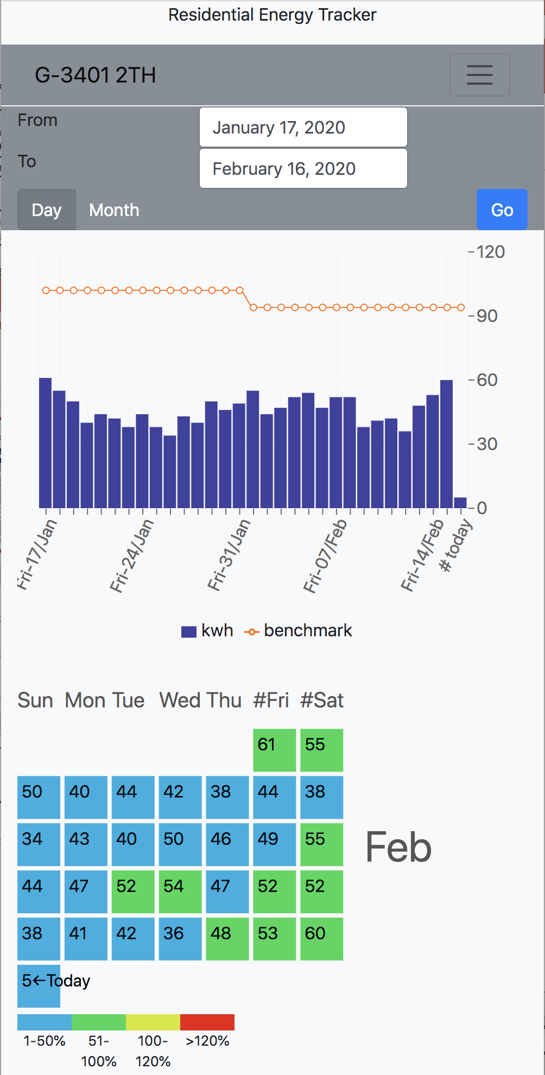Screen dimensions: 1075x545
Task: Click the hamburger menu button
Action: point(479,75)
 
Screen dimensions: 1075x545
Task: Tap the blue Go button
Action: point(502,210)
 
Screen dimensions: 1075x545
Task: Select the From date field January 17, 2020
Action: point(303,127)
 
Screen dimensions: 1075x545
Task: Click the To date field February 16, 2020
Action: point(303,168)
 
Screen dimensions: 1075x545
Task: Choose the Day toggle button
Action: point(47,210)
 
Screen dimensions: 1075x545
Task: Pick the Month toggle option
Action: point(114,210)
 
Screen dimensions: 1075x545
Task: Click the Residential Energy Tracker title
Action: point(272,15)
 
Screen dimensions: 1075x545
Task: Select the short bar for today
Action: point(460,503)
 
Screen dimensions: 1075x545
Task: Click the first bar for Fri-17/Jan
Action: point(46,442)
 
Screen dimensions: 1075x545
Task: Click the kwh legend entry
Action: point(207,631)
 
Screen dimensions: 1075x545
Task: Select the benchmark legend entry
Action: point(299,631)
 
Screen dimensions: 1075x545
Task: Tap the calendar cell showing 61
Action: point(274,750)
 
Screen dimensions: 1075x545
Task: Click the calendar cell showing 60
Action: point(321,939)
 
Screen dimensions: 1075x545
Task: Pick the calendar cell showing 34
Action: point(39,844)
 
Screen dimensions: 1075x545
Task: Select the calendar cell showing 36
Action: point(180,939)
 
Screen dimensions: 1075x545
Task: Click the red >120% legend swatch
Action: point(207,1022)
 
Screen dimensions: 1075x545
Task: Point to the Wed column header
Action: point(177,700)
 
